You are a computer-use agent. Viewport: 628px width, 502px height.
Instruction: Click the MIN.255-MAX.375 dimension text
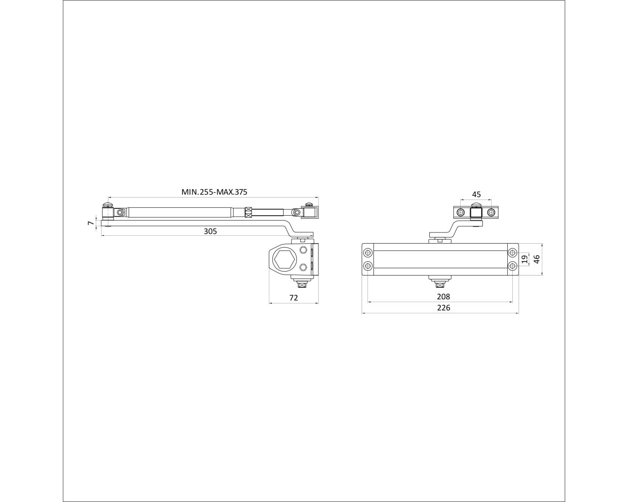point(214,192)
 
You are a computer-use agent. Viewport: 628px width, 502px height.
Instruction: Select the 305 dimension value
point(210,231)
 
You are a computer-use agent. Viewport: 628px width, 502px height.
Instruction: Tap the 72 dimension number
point(293,298)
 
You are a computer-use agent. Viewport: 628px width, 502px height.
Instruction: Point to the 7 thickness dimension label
point(91,223)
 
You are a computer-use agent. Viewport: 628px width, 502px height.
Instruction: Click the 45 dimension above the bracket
point(476,194)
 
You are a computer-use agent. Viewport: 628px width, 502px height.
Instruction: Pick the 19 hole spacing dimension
point(525,259)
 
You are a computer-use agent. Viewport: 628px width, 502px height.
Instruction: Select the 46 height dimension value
point(537,259)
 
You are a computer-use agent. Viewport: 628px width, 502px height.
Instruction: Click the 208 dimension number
point(443,297)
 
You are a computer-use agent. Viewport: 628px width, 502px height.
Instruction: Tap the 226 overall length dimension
point(443,308)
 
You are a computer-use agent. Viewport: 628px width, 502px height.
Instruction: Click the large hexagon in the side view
point(285,259)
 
